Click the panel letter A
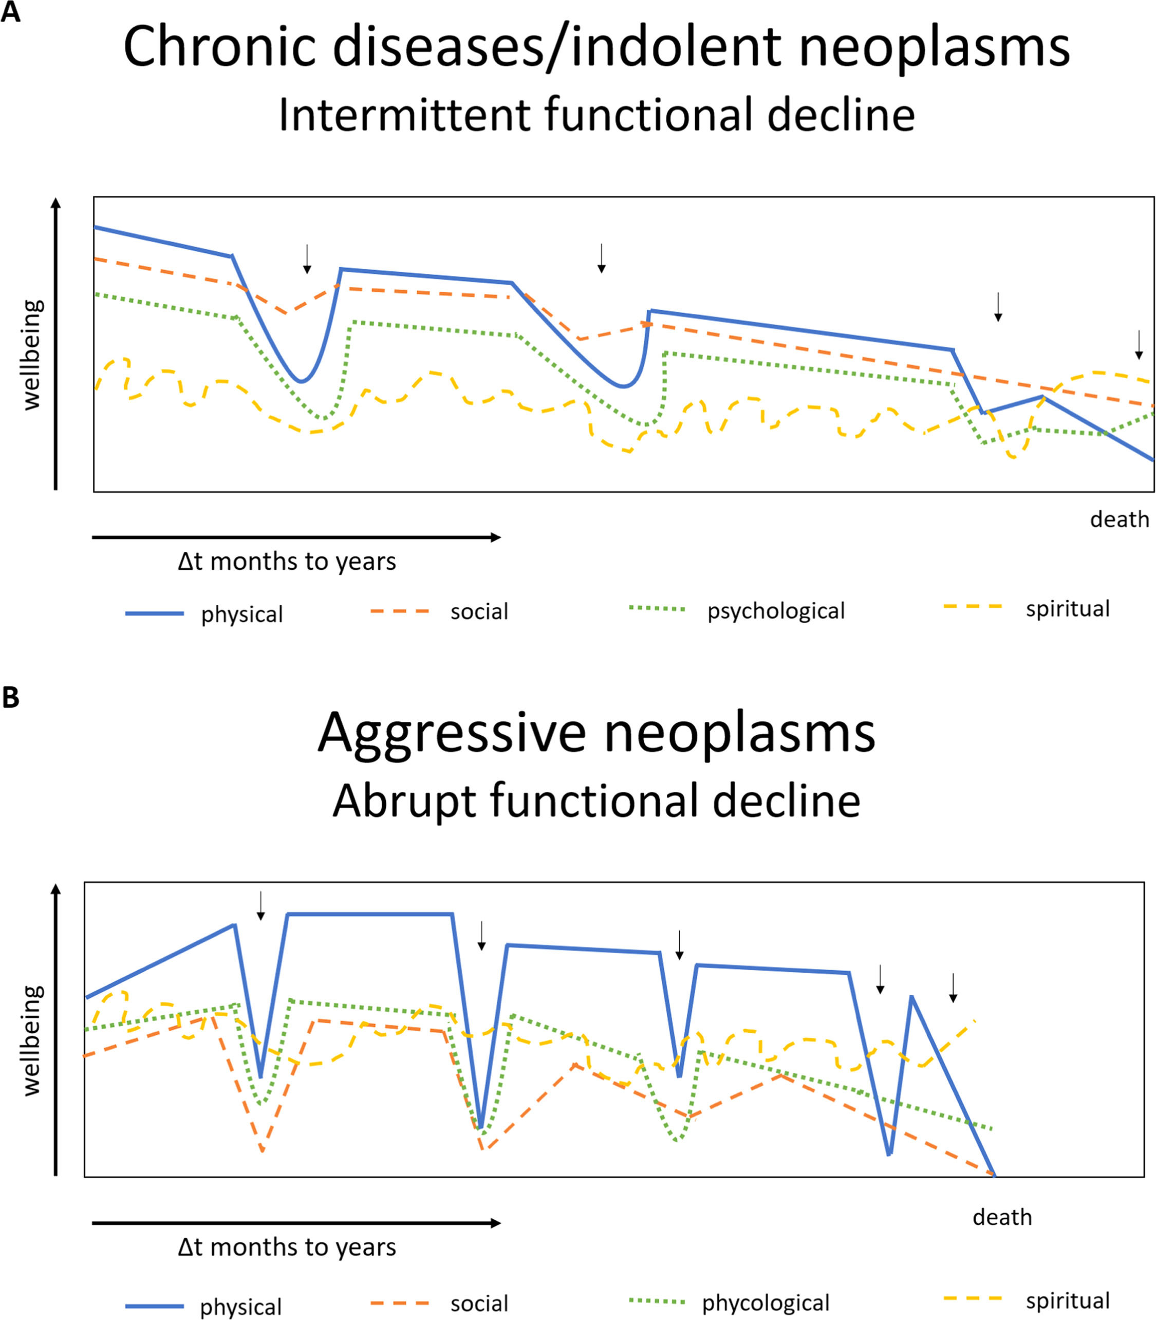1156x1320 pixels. point(10,12)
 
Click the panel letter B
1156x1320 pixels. point(10,697)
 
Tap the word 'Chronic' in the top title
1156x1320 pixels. point(220,47)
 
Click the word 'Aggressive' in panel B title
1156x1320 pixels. point(452,734)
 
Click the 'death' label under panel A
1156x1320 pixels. point(1119,519)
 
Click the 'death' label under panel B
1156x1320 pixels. point(1002,1217)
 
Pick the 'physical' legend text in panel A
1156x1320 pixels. point(242,614)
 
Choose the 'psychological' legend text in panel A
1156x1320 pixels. point(776,611)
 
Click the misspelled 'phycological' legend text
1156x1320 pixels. point(766,1303)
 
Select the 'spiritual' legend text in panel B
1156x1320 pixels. point(1068,1300)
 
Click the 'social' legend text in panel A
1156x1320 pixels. point(479,611)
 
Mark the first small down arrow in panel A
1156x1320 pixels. point(307,259)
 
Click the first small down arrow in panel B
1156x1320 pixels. point(260,906)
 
